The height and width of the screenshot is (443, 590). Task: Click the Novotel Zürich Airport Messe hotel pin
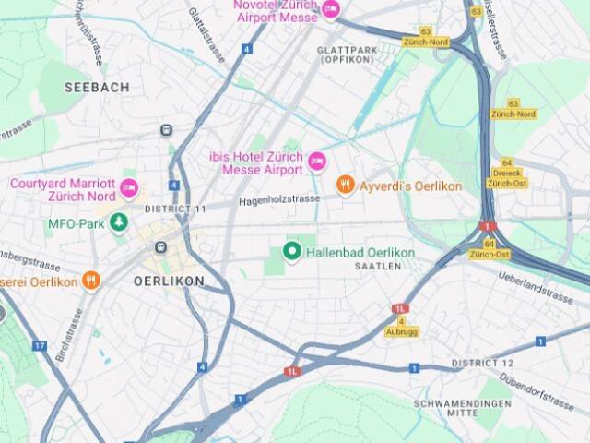click(x=330, y=9)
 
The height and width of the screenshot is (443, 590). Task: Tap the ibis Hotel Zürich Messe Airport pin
click(x=316, y=162)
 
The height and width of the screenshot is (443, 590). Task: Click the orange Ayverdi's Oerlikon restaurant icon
click(x=346, y=186)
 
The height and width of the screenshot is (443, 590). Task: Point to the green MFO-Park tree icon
click(x=118, y=222)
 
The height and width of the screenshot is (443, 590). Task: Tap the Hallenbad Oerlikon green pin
click(x=292, y=251)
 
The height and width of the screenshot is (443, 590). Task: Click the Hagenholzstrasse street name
click(x=279, y=198)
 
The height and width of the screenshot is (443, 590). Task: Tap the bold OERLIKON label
click(x=169, y=281)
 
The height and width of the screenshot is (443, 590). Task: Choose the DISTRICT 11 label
click(x=175, y=209)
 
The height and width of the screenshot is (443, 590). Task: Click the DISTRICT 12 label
click(x=482, y=363)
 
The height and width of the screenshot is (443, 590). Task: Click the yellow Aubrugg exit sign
click(x=401, y=331)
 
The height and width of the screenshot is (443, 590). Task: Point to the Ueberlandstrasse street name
click(x=535, y=286)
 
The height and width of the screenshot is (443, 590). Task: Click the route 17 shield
click(x=39, y=345)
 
